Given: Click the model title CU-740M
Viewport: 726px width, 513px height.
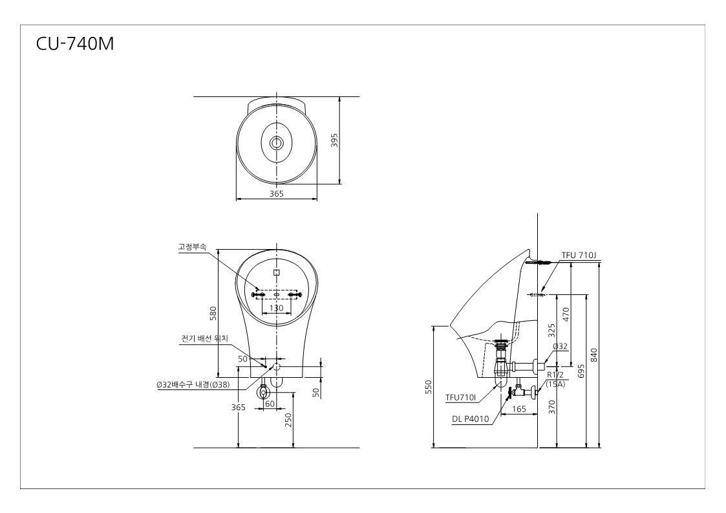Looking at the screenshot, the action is click(75, 43).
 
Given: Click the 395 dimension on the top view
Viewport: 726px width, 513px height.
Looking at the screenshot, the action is click(334, 140).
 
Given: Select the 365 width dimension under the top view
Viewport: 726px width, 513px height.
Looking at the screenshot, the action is click(277, 193).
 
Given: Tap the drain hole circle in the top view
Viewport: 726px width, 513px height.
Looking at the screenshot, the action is click(277, 143).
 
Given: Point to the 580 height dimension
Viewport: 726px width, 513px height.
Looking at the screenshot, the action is click(213, 313).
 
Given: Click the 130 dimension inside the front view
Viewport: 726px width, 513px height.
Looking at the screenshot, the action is click(277, 308).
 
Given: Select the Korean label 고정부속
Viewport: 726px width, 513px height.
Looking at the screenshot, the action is click(192, 246).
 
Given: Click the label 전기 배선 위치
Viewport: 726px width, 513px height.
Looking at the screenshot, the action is click(204, 339).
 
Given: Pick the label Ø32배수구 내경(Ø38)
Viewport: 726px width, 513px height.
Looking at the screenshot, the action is click(193, 385).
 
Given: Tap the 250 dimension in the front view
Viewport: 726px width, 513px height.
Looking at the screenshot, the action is click(289, 420).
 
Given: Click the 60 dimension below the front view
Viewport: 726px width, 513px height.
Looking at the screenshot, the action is click(270, 404).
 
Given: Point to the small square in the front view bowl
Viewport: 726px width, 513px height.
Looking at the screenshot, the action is click(277, 272).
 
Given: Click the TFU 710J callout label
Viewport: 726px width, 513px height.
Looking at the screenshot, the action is click(579, 256).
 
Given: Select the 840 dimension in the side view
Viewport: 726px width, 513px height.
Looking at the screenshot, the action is click(595, 355).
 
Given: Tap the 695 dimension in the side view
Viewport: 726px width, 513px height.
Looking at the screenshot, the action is click(582, 371).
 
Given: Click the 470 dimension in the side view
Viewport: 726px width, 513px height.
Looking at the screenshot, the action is click(565, 314).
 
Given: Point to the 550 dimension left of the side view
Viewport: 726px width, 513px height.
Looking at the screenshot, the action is click(428, 387).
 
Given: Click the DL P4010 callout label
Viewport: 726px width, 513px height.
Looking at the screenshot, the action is click(471, 419).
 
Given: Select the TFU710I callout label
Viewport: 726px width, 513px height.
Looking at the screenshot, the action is click(461, 398).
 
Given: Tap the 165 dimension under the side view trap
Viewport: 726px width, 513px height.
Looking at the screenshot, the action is click(519, 409).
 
